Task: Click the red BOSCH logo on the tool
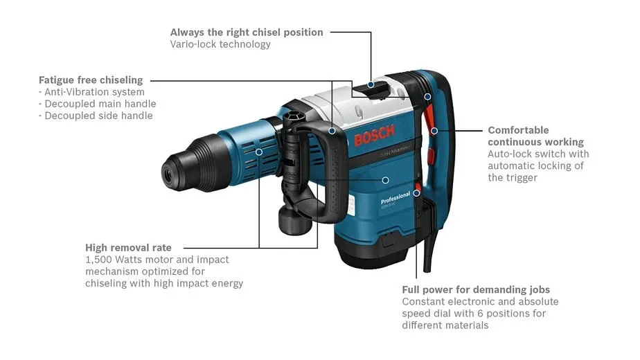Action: coord(374,135)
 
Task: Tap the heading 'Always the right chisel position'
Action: coord(247,33)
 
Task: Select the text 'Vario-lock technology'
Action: coord(220,44)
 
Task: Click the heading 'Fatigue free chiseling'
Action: coord(91,80)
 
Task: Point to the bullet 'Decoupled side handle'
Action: coord(98,116)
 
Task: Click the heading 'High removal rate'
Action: coord(128,248)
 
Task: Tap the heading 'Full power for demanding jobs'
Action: coord(476,290)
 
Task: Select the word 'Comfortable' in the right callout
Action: coord(518,130)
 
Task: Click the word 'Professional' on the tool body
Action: coord(395,198)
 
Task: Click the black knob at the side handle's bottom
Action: coord(294,220)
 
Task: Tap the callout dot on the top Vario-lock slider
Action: coord(371,84)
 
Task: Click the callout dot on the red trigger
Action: coord(434,131)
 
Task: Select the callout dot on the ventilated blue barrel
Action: coord(259,152)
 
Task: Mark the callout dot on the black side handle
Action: coord(332,131)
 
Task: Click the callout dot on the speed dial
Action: coord(416,193)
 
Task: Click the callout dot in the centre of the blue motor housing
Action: coord(385,180)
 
